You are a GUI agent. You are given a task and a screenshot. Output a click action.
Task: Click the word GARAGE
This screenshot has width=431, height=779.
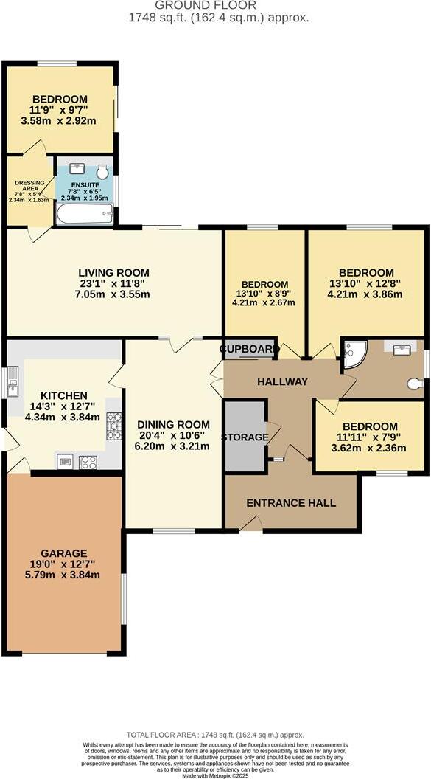tap(64, 553)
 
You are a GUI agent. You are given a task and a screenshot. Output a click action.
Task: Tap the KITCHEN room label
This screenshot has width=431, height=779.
tap(64, 396)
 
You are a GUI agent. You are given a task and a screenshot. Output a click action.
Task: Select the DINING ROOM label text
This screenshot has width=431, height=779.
tap(173, 425)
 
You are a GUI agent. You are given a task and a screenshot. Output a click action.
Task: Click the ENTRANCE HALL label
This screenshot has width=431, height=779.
tap(291, 503)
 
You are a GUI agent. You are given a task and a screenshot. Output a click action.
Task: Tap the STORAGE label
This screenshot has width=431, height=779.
tap(245, 437)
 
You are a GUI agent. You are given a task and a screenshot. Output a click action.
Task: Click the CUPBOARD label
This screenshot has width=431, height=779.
tap(249, 349)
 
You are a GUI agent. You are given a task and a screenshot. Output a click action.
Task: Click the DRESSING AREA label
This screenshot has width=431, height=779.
tap(29, 186)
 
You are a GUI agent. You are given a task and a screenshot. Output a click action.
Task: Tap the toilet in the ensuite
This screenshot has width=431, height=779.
tap(102, 173)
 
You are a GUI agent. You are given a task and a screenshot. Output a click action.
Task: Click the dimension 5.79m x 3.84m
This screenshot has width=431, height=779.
tap(64, 575)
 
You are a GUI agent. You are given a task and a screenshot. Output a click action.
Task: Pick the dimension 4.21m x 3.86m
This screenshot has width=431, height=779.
tap(366, 294)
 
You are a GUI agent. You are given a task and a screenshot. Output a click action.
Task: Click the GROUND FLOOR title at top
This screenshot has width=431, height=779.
tap(216, 5)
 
